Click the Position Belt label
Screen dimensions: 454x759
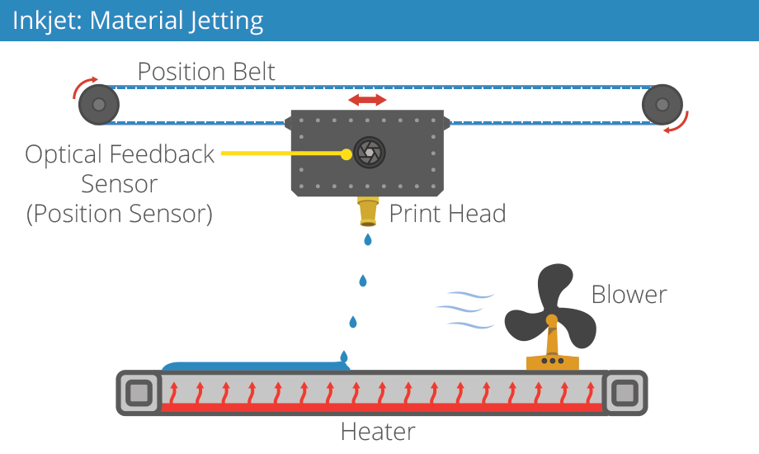point(206,72)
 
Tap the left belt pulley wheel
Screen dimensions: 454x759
point(99,105)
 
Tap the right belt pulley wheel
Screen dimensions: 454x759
point(662,105)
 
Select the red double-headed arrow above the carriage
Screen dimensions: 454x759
point(367,100)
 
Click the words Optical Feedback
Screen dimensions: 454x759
point(120,154)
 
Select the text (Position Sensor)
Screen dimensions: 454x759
point(120,214)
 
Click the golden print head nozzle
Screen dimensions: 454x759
point(368,212)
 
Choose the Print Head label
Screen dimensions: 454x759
point(446,215)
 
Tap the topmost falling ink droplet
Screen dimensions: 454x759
point(368,239)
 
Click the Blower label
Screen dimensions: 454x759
point(629,295)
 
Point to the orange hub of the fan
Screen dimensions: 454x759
point(551,319)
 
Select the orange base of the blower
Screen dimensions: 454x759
point(552,361)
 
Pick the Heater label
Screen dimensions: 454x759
point(378,432)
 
